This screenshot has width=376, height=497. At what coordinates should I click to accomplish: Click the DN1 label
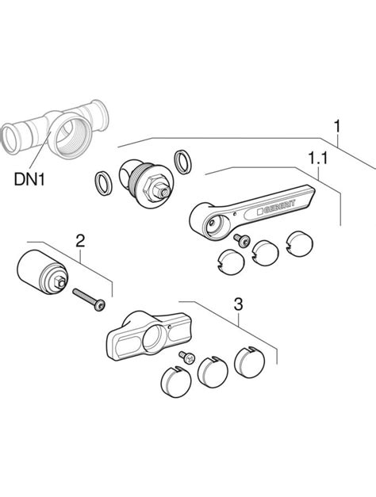[29, 179]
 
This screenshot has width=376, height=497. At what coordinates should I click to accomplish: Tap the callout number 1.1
[318, 158]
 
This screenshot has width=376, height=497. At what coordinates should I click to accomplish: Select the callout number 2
[80, 241]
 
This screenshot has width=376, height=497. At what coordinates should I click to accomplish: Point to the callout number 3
[238, 304]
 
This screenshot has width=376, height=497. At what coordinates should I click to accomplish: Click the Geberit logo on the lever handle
[276, 208]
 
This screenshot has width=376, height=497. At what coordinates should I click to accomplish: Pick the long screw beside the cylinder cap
[89, 300]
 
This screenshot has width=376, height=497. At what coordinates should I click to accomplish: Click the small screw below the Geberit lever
[241, 239]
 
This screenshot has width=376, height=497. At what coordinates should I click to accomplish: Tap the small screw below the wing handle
[187, 357]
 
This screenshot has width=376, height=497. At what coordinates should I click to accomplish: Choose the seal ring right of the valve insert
[182, 162]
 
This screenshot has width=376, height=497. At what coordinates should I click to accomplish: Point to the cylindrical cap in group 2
[41, 273]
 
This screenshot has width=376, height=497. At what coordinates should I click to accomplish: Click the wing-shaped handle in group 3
[149, 336]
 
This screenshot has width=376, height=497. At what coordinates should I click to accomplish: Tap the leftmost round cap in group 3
[176, 381]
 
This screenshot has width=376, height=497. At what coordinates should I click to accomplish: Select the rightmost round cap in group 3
[249, 362]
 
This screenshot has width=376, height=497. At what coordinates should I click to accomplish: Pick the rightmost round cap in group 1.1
[300, 243]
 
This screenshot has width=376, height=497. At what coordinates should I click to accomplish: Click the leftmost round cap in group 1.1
[232, 262]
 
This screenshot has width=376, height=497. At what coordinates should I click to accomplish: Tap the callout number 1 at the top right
[337, 126]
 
